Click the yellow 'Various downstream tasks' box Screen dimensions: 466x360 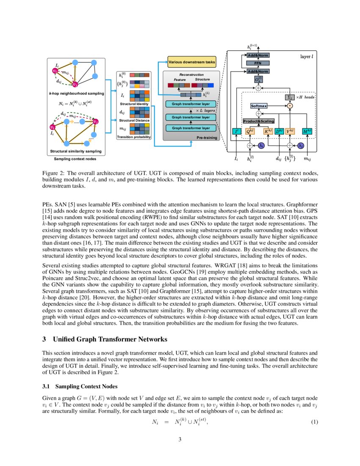[191, 62]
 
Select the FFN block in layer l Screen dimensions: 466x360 [258, 63]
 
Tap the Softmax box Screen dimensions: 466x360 [259, 105]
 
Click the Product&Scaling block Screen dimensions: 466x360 [258, 122]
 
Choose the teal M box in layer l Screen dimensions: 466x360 [307, 132]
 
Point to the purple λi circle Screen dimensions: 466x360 [261, 145]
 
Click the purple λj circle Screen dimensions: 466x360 [301, 145]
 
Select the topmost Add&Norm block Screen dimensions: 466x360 [258, 55]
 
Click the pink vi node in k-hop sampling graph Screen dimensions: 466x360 [55, 71]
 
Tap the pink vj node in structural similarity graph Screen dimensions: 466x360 [96, 122]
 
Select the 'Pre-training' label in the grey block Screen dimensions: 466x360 [207, 137]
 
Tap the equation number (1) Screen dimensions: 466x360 [314, 422]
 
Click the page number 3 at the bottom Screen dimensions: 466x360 [180, 439]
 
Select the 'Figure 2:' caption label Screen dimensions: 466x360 [53, 174]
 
